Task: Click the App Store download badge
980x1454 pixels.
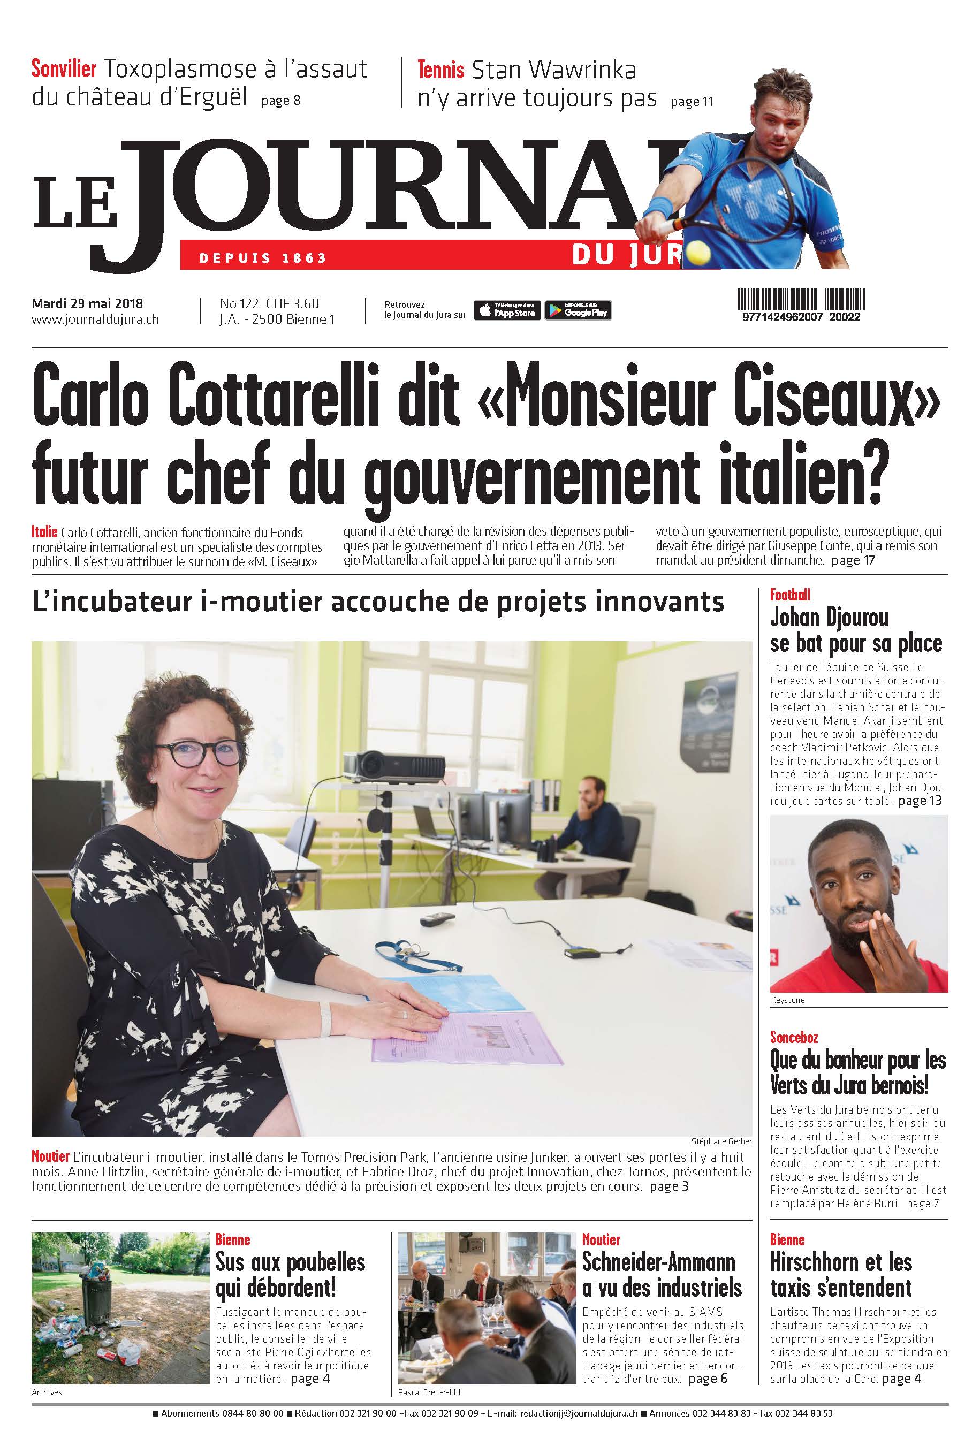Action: [x=507, y=310]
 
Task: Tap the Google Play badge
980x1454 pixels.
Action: [x=578, y=310]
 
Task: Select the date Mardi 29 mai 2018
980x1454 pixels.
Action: [x=87, y=303]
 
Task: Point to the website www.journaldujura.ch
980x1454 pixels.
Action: [x=95, y=319]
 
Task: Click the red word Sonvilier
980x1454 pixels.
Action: [x=64, y=68]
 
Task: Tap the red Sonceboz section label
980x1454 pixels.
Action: [x=794, y=1037]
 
